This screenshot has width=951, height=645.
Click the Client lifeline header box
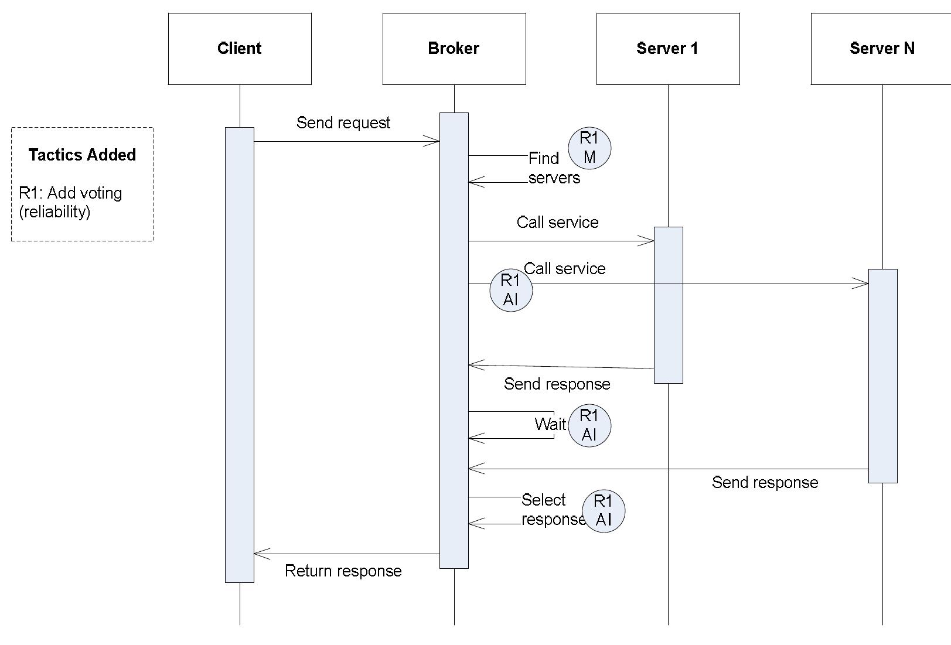(240, 49)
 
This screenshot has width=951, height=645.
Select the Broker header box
(454, 49)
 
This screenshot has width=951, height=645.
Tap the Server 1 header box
(668, 49)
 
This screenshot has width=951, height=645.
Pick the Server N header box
(882, 49)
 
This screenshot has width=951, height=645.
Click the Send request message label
(343, 122)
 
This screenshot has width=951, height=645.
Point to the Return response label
(343, 571)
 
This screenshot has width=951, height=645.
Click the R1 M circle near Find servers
(589, 148)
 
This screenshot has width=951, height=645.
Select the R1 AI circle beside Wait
(589, 425)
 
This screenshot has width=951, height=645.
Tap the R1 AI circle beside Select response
(604, 511)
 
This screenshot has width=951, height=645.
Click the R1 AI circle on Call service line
(511, 290)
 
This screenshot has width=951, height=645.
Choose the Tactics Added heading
(82, 155)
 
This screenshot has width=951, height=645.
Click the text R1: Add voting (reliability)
(70, 202)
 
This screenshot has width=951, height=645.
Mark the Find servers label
(554, 168)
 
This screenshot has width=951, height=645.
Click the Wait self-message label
(550, 424)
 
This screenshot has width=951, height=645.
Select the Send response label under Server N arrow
(765, 482)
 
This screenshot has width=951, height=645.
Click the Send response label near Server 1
(557, 384)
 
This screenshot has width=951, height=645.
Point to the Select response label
(552, 510)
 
